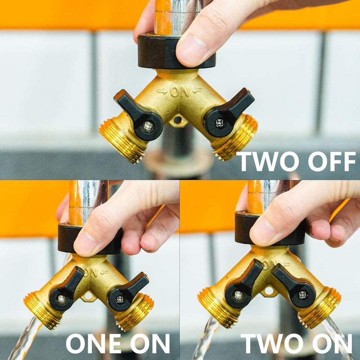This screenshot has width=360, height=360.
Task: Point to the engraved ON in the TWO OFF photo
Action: point(179,92)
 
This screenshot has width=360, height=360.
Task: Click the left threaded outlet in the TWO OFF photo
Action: point(120,139)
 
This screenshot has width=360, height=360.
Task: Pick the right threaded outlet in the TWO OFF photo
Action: point(236,138)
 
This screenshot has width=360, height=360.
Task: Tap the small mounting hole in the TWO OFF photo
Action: point(178,120)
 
